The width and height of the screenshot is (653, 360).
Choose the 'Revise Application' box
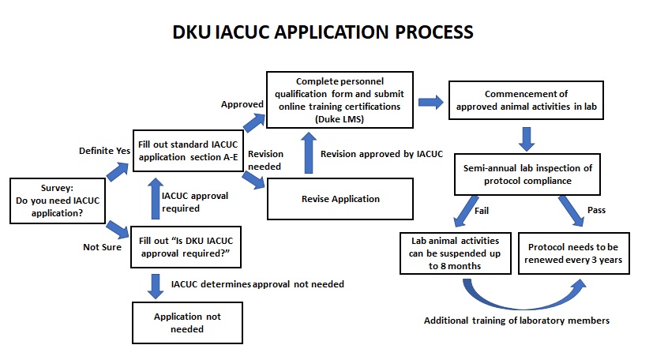[x=340, y=199]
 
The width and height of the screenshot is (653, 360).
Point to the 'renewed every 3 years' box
[x=574, y=253]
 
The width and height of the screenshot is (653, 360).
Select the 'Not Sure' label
[x=101, y=246]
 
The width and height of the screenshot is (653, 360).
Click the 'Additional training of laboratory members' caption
[x=518, y=321]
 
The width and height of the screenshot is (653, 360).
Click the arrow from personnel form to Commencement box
[x=431, y=102]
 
